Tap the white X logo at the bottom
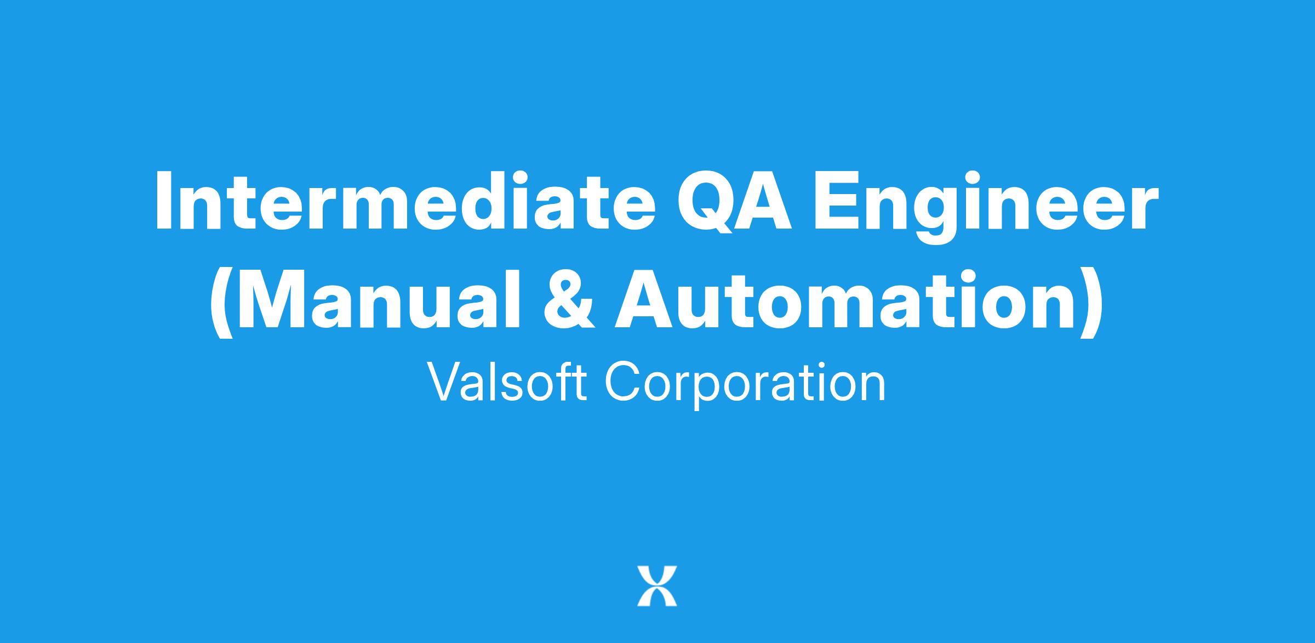point(657,586)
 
